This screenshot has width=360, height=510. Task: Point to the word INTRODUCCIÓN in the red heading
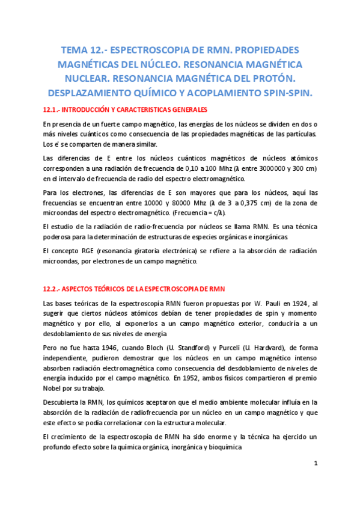tap(88, 109)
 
